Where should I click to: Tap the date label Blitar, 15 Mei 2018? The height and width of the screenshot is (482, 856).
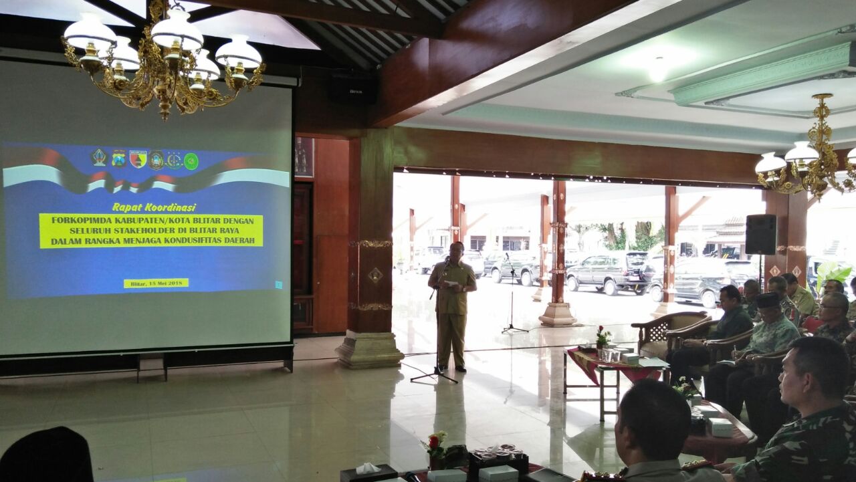pyautogui.click(x=156, y=283)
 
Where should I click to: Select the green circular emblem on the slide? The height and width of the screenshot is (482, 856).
pyautogui.click(x=191, y=161)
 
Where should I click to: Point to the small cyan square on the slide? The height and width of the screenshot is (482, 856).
pyautogui.click(x=279, y=284)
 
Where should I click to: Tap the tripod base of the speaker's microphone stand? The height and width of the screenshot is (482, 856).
pyautogui.click(x=435, y=377)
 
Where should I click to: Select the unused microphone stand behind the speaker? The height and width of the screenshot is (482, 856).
pyautogui.click(x=512, y=294)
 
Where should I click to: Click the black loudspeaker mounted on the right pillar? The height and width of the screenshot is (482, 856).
pyautogui.click(x=760, y=234)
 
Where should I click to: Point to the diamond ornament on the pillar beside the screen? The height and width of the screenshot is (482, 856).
pyautogui.click(x=375, y=275)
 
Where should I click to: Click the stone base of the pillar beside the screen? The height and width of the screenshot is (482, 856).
pyautogui.click(x=369, y=350)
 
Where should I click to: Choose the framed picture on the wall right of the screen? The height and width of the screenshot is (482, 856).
pyautogui.click(x=304, y=157)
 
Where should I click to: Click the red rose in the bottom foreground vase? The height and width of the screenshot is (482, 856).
pyautogui.click(x=433, y=442)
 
